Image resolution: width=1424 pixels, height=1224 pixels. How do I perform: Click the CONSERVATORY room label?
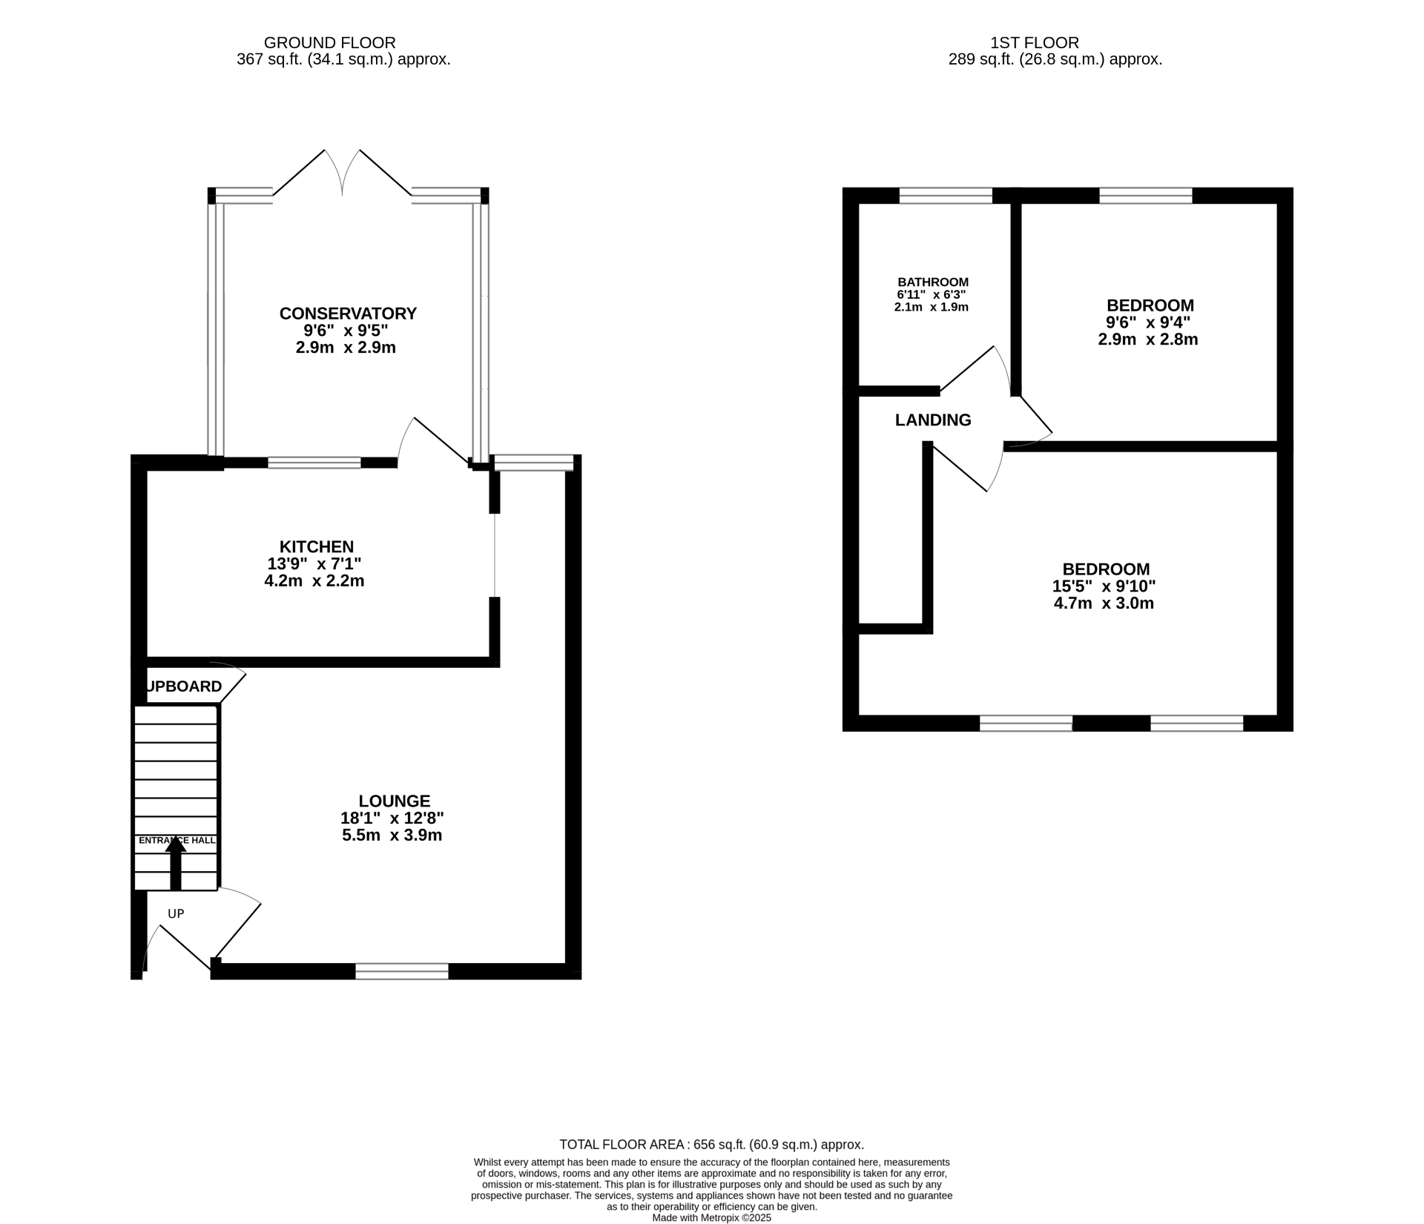(348, 313)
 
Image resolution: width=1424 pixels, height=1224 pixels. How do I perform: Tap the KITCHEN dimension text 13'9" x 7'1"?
(314, 563)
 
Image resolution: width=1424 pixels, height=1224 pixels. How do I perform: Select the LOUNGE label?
(394, 801)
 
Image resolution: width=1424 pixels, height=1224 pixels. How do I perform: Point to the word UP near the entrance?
(176, 913)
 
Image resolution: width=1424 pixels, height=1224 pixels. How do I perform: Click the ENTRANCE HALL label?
(177, 840)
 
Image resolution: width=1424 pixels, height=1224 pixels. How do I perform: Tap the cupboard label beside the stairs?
(184, 687)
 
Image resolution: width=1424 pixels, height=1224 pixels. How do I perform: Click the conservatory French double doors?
(343, 174)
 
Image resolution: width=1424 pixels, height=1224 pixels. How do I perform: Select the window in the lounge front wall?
(402, 971)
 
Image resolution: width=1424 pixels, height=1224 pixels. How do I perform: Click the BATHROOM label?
(933, 282)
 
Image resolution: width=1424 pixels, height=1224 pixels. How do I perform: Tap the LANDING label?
(933, 420)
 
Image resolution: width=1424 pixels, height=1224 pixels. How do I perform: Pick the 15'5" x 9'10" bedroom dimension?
(1104, 586)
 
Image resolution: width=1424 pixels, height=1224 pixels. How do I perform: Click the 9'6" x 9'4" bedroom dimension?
(1148, 322)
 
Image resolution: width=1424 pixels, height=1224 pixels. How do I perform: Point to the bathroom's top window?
(946, 196)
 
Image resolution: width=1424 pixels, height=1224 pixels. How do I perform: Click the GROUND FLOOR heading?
(329, 43)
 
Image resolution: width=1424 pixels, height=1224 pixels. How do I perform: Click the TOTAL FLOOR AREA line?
(711, 1145)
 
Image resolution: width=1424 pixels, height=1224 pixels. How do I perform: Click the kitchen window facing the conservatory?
(314, 463)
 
